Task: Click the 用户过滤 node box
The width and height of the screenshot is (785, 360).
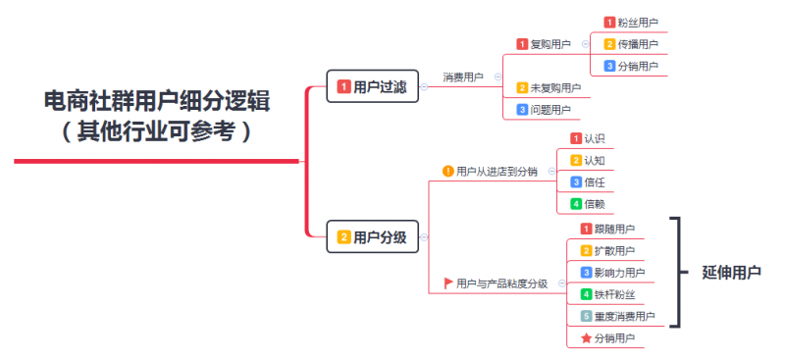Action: pyautogui.click(x=374, y=86)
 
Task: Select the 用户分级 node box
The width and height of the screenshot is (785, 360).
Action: pyautogui.click(x=374, y=236)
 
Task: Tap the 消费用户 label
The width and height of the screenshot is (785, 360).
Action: pyautogui.click(x=463, y=77)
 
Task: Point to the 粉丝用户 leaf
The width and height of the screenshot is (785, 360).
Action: pyautogui.click(x=638, y=23)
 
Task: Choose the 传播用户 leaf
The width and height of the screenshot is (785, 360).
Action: pyautogui.click(x=638, y=44)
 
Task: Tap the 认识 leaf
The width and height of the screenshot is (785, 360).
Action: pyautogui.click(x=594, y=138)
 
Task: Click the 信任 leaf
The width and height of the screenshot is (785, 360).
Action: pyautogui.click(x=594, y=182)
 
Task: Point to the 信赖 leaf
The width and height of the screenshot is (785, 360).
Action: pyautogui.click(x=594, y=204)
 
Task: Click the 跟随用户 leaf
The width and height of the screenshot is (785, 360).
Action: pyautogui.click(x=613, y=230)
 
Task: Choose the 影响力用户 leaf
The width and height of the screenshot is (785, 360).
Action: pyautogui.click(x=618, y=273)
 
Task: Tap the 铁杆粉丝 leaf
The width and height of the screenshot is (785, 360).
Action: pyautogui.click(x=613, y=294)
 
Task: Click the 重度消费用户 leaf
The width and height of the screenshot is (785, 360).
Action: pyautogui.click(x=623, y=317)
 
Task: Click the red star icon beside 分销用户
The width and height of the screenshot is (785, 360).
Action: pyautogui.click(x=586, y=338)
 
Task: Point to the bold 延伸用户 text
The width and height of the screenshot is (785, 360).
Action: pyautogui.click(x=732, y=273)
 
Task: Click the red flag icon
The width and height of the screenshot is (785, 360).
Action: pyautogui.click(x=448, y=283)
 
